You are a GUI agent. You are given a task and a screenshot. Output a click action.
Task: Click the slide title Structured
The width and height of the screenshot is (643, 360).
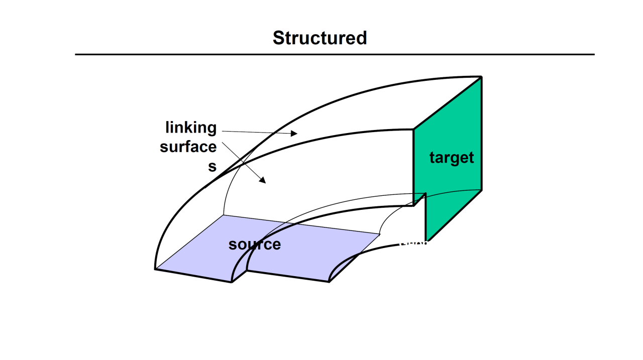tap(319, 38)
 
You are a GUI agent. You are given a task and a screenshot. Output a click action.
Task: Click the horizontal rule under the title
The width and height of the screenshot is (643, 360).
tap(335, 54)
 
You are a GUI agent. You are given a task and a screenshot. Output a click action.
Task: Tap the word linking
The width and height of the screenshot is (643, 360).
tap(191, 128)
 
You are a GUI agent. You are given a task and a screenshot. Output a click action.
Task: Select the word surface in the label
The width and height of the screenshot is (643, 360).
tap(188, 147)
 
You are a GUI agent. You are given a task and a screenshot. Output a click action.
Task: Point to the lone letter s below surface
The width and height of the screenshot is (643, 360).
tap(212, 167)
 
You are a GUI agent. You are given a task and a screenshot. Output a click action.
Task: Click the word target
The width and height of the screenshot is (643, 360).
tap(452, 158)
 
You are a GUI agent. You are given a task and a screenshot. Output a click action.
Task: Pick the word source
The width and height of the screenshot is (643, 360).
tap(254, 245)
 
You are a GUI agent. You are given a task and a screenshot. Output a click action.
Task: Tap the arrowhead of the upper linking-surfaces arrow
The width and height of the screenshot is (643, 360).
tap(295, 134)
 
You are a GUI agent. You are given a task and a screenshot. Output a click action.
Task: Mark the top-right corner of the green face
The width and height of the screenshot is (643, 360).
tap(482, 77)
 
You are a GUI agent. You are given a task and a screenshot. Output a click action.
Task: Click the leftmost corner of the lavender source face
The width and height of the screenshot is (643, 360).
tap(155, 269)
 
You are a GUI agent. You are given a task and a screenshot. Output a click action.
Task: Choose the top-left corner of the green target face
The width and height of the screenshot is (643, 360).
tap(413, 129)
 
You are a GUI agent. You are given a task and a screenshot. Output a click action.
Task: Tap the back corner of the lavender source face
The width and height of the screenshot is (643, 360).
tap(224, 215)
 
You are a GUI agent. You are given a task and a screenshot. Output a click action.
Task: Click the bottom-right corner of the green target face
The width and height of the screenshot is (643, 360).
tap(482, 190)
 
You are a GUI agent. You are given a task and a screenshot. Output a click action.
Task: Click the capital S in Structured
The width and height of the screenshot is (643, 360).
tap(278, 38)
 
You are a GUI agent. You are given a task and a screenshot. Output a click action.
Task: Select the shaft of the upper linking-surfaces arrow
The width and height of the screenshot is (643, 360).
tap(256, 133)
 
